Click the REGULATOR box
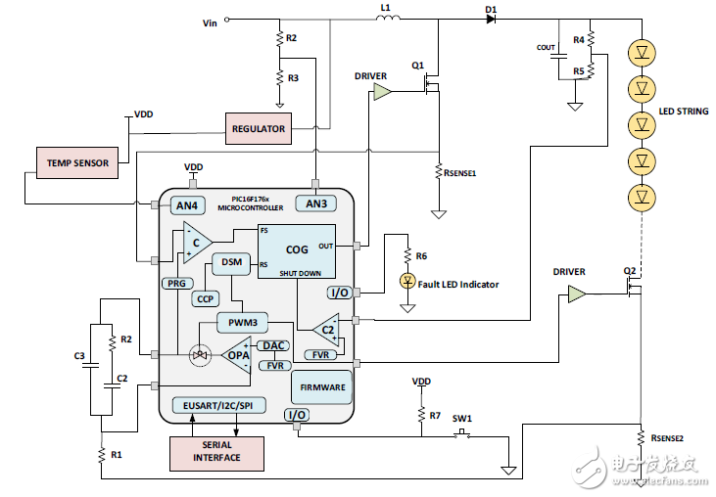(259, 128)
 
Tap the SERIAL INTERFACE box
(216, 451)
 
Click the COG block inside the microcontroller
(297, 250)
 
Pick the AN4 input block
(186, 205)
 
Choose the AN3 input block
(315, 204)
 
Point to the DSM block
(232, 263)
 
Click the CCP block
(205, 299)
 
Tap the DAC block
(271, 345)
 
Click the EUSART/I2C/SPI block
(217, 405)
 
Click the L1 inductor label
(385, 8)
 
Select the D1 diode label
(491, 8)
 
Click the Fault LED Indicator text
(458, 285)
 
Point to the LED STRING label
(683, 111)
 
